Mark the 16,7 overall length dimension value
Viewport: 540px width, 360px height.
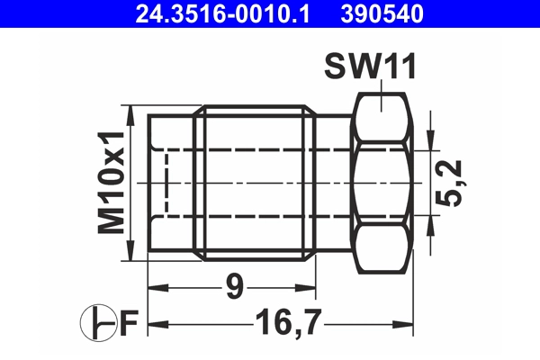click(285, 321)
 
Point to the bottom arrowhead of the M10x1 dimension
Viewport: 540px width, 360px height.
click(132, 252)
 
